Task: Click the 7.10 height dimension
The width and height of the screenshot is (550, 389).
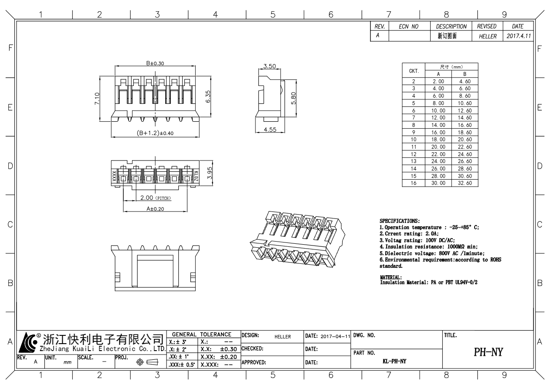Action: point(97,99)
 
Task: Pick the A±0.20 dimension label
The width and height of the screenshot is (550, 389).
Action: point(155,209)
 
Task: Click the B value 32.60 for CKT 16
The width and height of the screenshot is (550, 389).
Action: point(462,183)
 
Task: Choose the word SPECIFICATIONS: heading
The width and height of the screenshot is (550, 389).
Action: point(400,221)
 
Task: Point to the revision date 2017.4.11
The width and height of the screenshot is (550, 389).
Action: point(519,37)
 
